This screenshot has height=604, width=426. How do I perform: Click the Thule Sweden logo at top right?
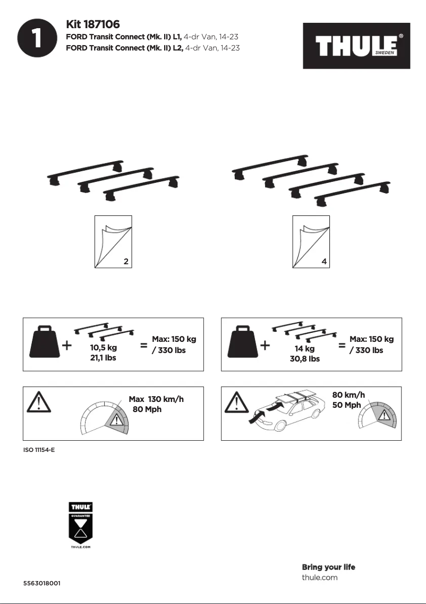[356, 46]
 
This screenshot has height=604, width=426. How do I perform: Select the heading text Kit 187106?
[93, 24]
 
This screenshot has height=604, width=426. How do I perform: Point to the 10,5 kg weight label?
[104, 348]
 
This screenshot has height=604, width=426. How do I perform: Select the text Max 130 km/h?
[156, 399]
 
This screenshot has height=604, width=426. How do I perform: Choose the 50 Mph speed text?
[346, 405]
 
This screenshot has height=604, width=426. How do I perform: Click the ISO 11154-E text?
[39, 450]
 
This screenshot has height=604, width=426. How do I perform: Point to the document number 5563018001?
[41, 583]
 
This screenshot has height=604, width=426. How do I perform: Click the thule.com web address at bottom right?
[319, 577]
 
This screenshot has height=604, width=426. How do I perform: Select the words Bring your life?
[328, 567]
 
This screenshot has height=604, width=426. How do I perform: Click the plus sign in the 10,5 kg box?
[67, 346]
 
